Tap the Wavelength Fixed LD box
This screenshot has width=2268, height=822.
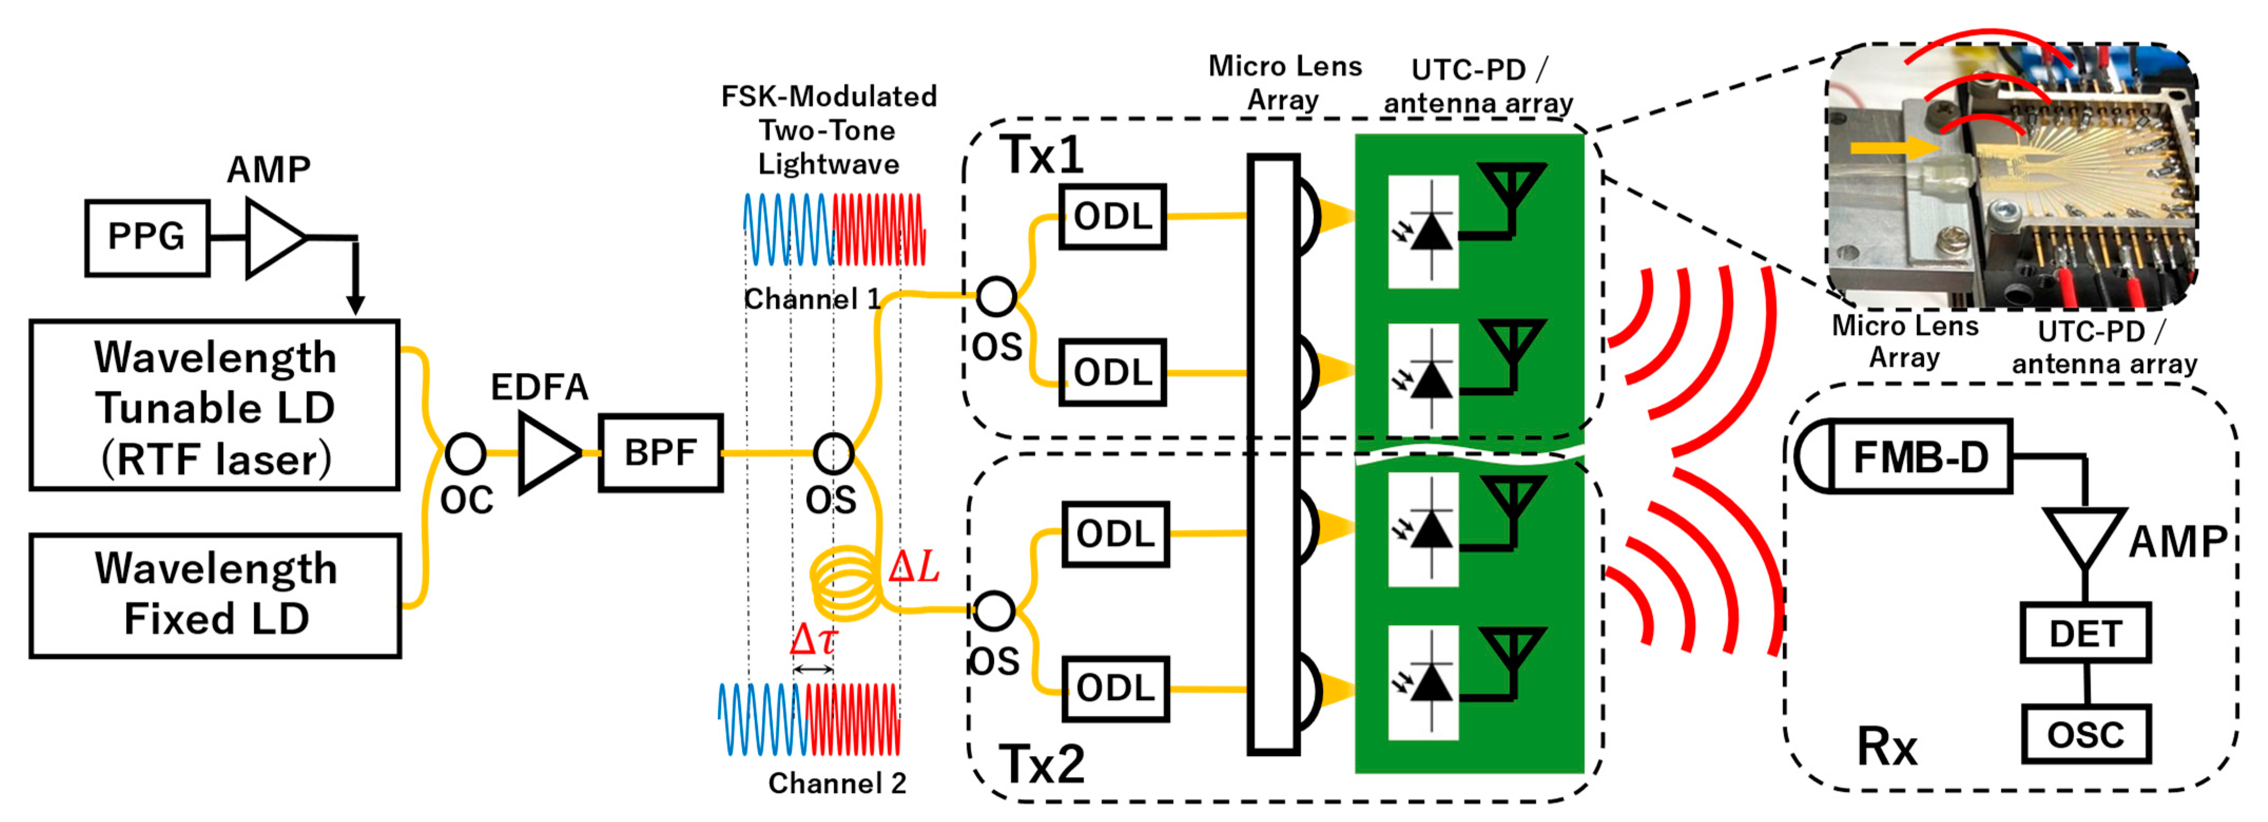click(215, 595)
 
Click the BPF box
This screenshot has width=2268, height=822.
click(661, 453)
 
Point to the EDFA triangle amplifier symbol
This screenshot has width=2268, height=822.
click(546, 453)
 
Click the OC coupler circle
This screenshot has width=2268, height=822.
click(465, 453)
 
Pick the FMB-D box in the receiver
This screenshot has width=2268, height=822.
click(1920, 456)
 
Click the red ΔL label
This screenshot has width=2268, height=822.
click(914, 567)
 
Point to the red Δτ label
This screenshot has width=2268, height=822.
click(812, 639)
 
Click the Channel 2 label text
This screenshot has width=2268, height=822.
click(837, 782)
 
